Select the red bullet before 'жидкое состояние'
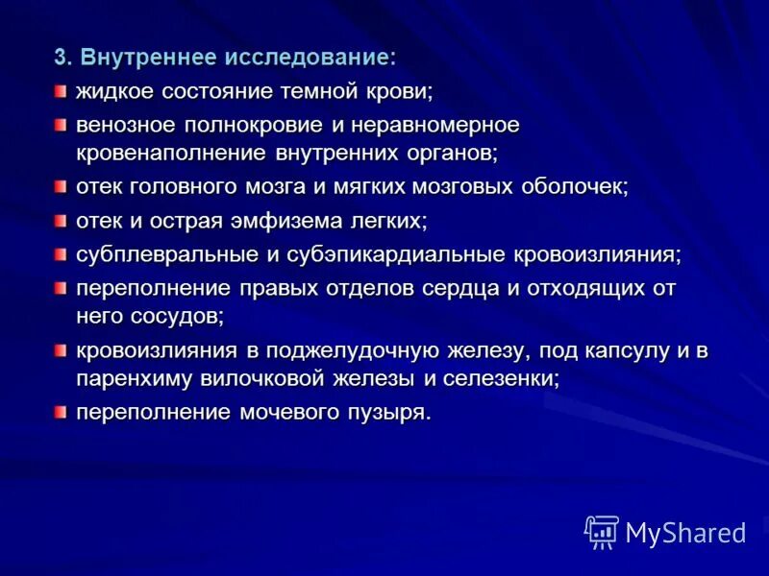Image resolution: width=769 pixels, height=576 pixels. tap(61, 90)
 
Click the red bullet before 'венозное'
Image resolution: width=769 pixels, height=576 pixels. tap(61, 124)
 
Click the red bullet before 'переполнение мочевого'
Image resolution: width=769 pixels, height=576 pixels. tap(61, 412)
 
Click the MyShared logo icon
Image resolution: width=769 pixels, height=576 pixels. tap(602, 531)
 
